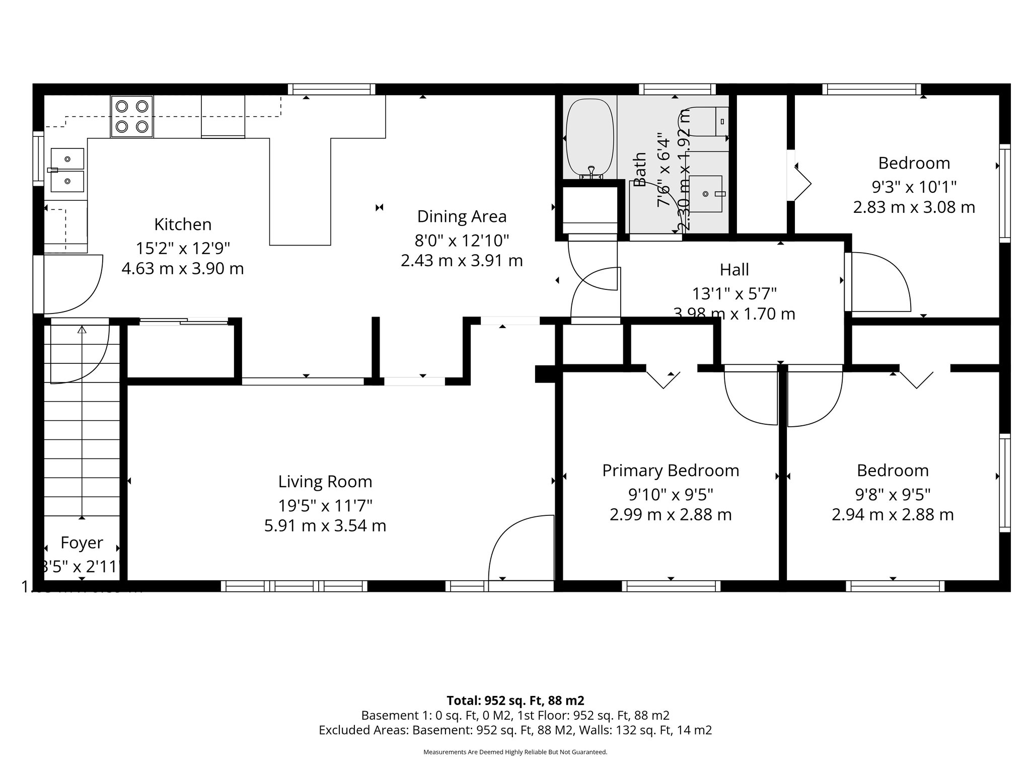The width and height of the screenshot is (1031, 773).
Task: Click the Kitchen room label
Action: click(x=183, y=224)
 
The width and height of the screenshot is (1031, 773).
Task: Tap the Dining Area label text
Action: click(x=462, y=217)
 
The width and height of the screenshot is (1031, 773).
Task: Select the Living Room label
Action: click(x=325, y=482)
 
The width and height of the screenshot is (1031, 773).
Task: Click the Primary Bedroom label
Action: click(x=671, y=471)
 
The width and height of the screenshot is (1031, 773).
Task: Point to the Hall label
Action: click(x=734, y=270)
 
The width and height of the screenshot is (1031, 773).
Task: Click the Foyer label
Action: click(x=82, y=543)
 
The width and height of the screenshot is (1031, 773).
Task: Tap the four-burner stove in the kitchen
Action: click(x=132, y=117)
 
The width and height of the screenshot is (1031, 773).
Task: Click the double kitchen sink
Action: click(x=67, y=170)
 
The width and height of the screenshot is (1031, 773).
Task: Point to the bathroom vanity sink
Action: click(x=706, y=194)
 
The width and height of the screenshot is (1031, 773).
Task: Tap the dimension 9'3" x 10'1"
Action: click(x=914, y=187)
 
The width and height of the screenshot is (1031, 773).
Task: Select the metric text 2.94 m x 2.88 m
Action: click(x=893, y=515)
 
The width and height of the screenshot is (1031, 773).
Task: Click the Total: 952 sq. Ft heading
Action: click(x=515, y=701)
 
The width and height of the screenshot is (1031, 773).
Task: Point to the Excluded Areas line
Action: click(x=515, y=730)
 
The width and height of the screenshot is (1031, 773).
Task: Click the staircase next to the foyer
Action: click(x=82, y=428)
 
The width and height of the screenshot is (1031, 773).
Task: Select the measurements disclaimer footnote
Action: click(x=515, y=752)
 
